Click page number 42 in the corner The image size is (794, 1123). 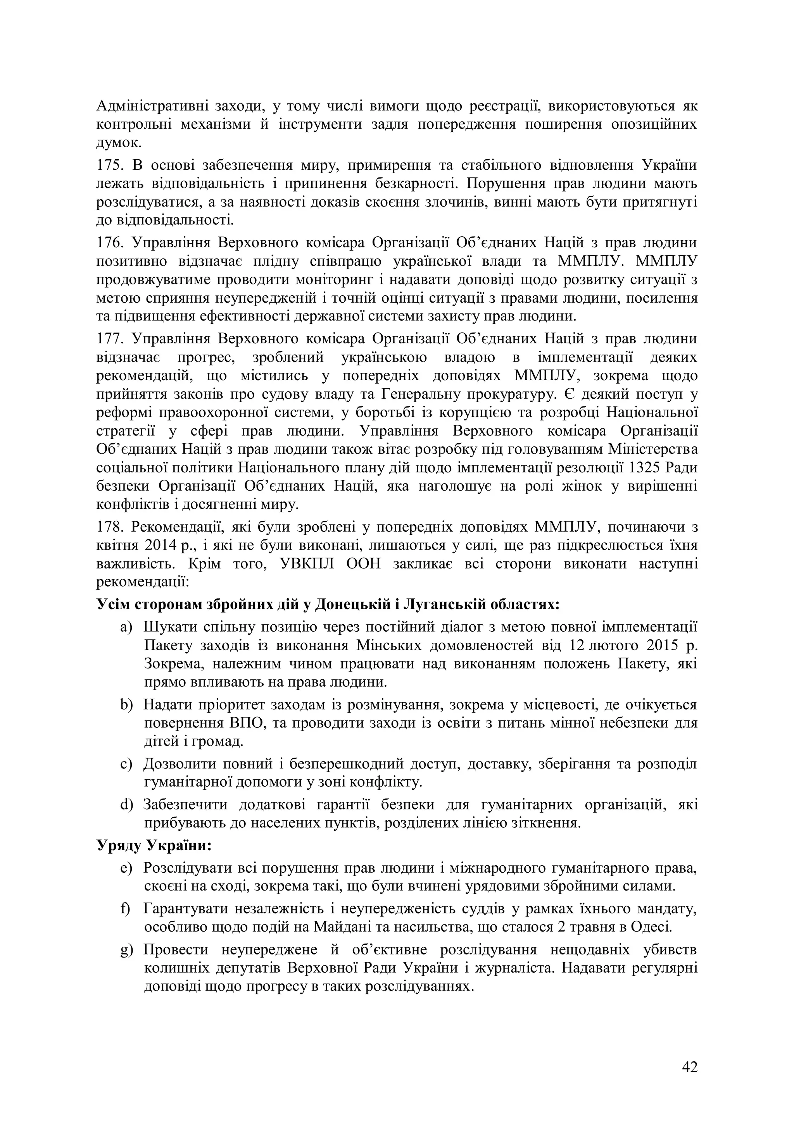click(x=689, y=1067)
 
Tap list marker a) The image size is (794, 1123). click(x=126, y=627)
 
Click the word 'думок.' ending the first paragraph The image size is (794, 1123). click(x=119, y=143)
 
